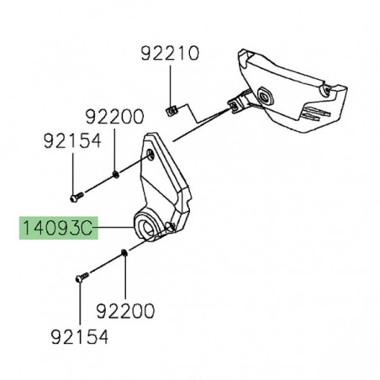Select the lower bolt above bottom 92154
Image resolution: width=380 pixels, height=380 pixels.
(81, 274)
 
